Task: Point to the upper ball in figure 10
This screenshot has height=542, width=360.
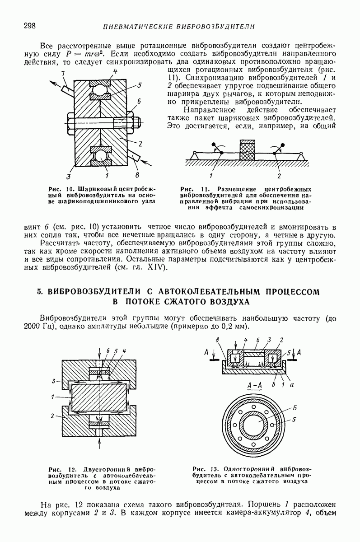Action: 102,93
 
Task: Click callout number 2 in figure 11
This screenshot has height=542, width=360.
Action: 279,175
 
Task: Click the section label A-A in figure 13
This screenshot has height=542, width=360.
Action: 255,386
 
